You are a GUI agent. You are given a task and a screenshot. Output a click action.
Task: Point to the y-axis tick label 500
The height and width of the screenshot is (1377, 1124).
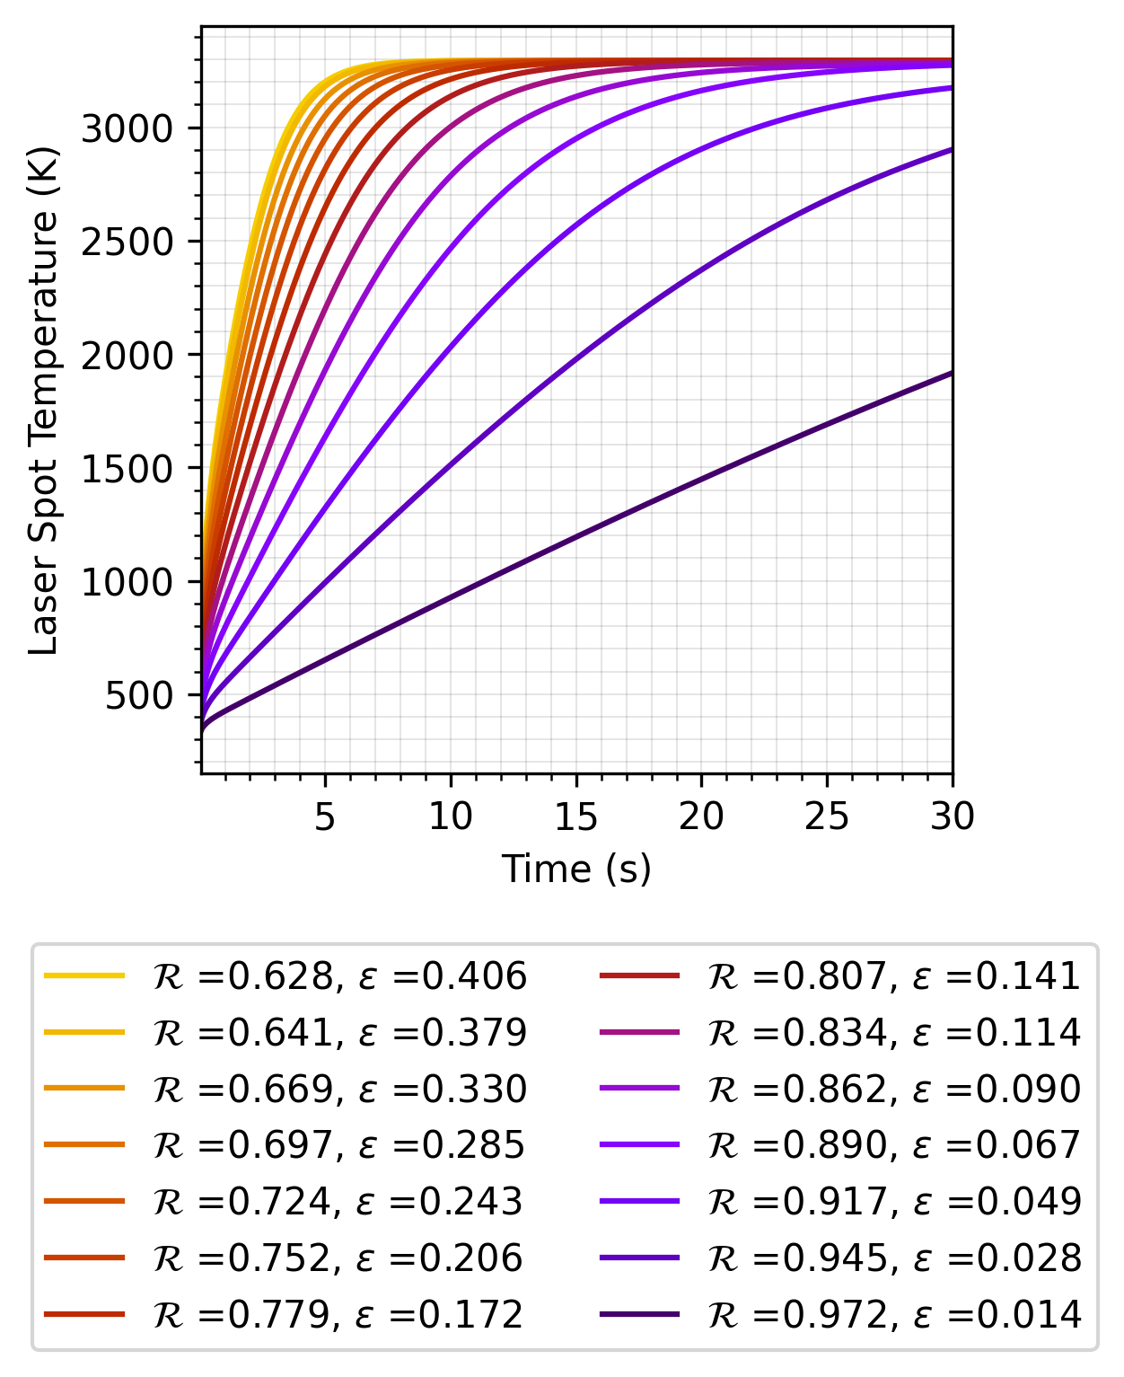[138, 696]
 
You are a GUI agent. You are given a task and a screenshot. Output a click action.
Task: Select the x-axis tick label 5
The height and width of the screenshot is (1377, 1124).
[325, 816]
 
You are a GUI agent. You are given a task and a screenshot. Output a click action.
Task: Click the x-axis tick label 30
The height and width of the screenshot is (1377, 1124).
[952, 816]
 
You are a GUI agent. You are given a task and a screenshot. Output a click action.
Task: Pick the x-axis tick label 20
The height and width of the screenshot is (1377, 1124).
[700, 816]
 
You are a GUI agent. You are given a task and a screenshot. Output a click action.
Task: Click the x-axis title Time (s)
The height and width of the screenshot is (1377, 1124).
[575, 869]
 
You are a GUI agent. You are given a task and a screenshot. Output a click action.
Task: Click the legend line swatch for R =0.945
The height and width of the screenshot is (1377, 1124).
[638, 1258]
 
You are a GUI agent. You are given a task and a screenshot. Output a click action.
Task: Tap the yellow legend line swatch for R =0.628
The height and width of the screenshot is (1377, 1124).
[83, 975]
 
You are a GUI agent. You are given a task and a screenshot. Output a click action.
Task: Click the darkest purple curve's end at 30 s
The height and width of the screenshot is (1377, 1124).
[951, 373]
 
